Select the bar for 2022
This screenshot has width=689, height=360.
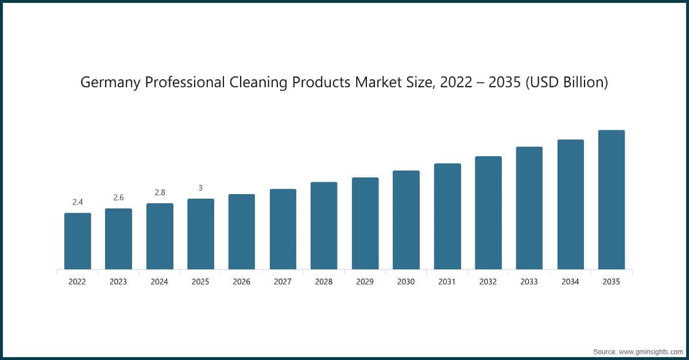(78, 241)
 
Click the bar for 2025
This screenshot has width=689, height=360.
(200, 234)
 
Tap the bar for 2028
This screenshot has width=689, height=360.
(324, 226)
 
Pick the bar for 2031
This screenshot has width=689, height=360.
(447, 216)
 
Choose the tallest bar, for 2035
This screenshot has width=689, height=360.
(611, 200)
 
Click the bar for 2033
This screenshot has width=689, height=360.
(529, 208)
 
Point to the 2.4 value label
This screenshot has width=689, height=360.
(78, 202)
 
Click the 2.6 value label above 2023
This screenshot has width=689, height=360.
(118, 198)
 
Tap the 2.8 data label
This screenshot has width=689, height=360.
(160, 192)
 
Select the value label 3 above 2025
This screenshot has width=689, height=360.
(200, 188)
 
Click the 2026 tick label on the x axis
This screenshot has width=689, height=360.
(242, 282)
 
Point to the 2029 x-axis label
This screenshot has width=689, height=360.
(365, 282)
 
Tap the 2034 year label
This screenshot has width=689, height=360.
(570, 282)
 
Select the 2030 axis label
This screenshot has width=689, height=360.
(406, 282)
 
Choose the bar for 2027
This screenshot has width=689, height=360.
(283, 229)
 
